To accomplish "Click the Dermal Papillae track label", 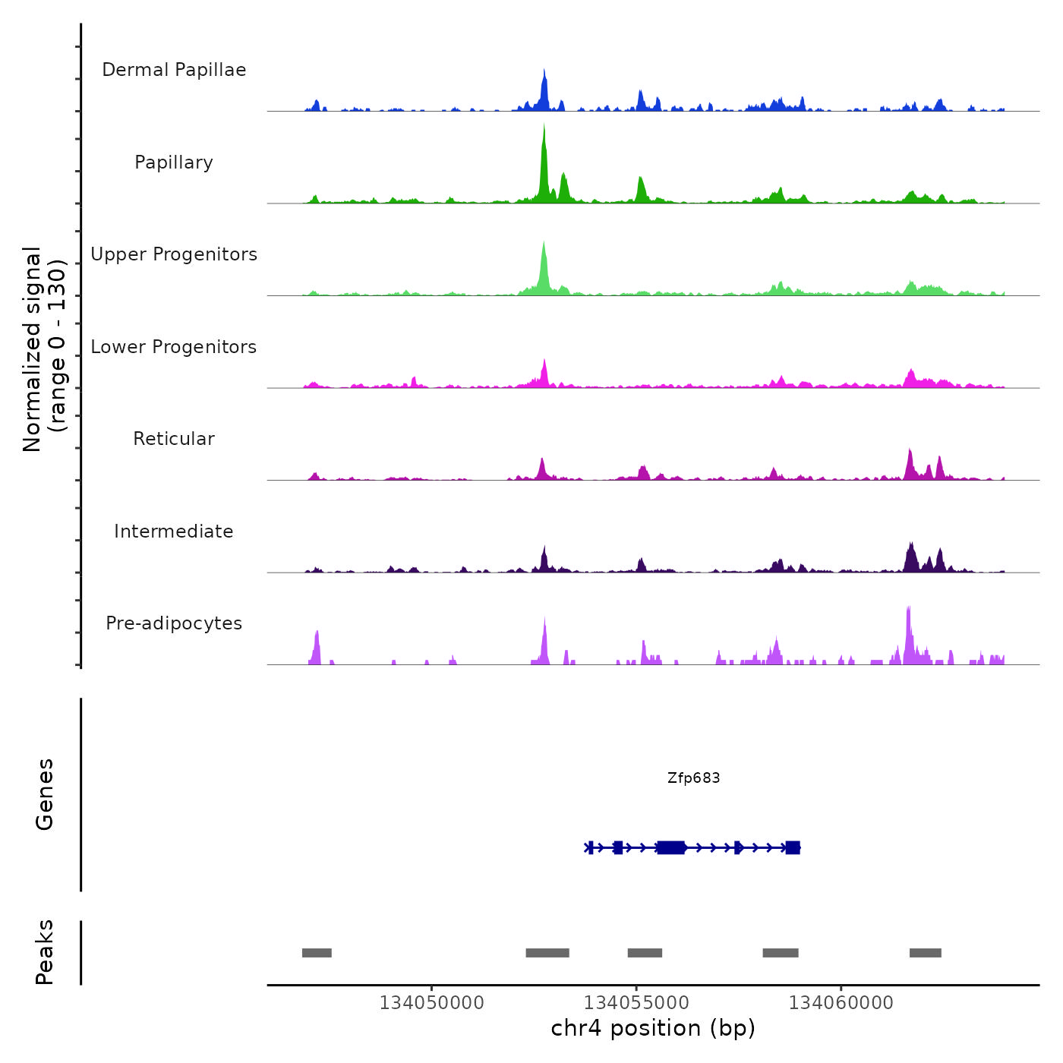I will [x=174, y=70].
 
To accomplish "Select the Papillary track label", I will [x=174, y=162].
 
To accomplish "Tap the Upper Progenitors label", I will [x=174, y=254].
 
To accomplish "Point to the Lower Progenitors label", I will [x=174, y=347].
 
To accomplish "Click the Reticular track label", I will [x=174, y=439].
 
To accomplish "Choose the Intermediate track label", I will [x=174, y=531].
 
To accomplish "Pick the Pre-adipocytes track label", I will [x=174, y=623].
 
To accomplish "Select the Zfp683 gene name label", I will [x=693, y=778].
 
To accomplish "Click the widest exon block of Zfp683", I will [x=671, y=847].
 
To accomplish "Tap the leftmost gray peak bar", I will [x=317, y=953].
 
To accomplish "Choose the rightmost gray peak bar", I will [x=925, y=953].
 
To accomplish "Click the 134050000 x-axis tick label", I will [x=431, y=1003].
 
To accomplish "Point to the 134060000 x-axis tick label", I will [x=841, y=1003].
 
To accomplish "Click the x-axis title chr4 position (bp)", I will [x=653, y=1028].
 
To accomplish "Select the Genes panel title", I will [x=45, y=794].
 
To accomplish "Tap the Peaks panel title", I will [x=45, y=952].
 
